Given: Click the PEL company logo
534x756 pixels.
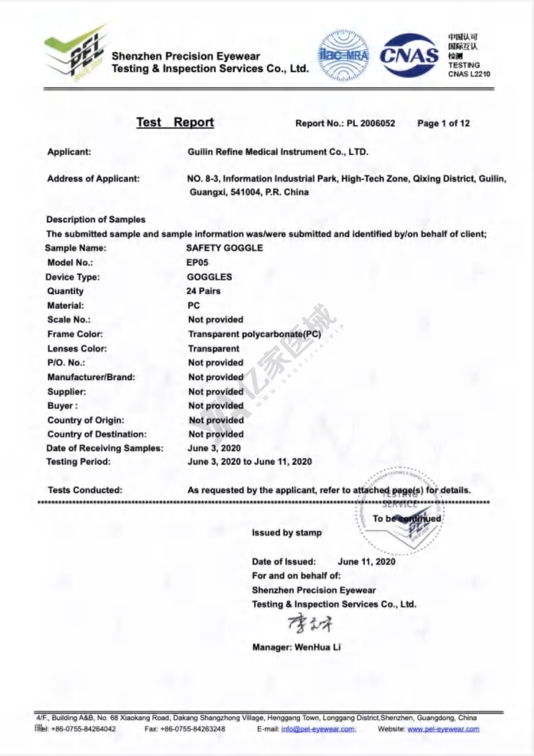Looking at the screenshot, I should (x=76, y=53).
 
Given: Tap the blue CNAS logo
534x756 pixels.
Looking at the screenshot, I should (x=409, y=55).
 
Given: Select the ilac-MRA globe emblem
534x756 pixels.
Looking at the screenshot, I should (x=343, y=55).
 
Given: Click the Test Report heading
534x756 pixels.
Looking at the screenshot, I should (x=175, y=122).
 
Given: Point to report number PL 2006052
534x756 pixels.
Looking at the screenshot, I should (x=371, y=124).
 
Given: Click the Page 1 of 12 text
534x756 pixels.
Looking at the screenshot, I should (x=443, y=124).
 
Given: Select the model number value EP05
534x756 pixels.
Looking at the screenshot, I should (x=197, y=263).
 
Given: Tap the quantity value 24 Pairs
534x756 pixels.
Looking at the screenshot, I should (x=203, y=291).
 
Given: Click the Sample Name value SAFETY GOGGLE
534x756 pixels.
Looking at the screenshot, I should (x=224, y=248).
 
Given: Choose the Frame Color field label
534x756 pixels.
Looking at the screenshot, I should (x=75, y=334).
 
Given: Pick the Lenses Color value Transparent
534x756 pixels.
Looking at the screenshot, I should (x=214, y=349).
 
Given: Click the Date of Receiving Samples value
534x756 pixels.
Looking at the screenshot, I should (x=214, y=448).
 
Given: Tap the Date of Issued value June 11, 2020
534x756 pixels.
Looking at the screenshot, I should (x=366, y=561).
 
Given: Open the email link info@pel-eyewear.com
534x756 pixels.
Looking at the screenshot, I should (x=318, y=729).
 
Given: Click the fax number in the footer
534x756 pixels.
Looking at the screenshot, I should (x=192, y=729).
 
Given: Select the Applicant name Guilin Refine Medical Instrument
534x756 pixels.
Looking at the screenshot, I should (x=278, y=152).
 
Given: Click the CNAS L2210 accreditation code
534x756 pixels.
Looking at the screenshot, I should (x=469, y=74).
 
